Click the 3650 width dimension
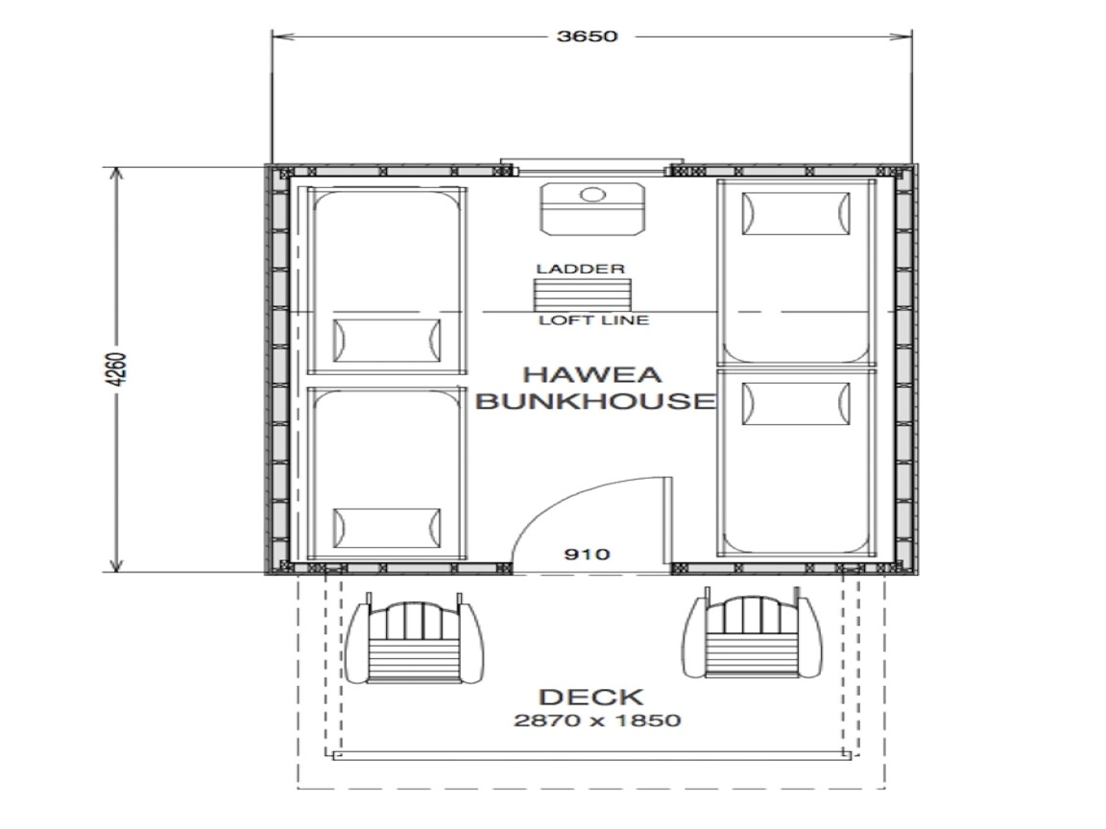[585, 37]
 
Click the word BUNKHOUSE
[594, 401]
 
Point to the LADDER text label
[581, 270]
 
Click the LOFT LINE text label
[592, 320]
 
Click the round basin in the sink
[592, 196]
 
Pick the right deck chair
[754, 638]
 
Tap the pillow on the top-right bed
[796, 213]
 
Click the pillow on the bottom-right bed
[796, 401]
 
